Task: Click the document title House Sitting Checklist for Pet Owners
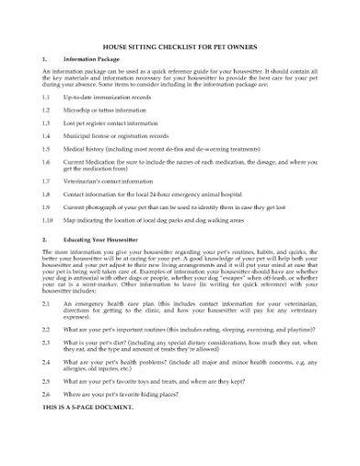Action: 179,46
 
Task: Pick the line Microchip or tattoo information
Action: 110,108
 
